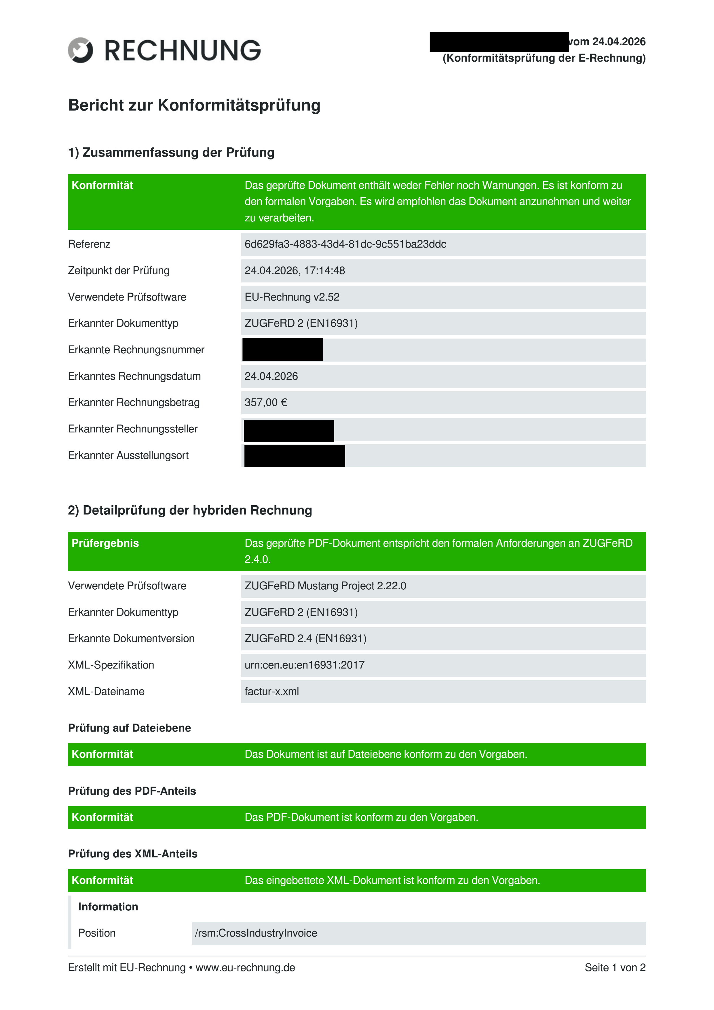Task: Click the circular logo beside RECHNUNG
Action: click(81, 50)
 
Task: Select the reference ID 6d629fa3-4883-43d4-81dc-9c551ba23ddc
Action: click(345, 244)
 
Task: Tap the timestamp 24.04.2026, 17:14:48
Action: click(295, 271)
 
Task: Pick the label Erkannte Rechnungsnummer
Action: click(136, 350)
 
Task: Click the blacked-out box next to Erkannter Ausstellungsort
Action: click(294, 456)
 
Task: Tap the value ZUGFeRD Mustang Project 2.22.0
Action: click(325, 586)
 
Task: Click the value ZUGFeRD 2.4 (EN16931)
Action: click(305, 639)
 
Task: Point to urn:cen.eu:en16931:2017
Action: click(304, 665)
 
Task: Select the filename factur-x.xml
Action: click(271, 692)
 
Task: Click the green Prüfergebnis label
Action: click(105, 543)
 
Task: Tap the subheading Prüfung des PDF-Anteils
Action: click(132, 791)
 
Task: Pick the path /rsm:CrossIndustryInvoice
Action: click(256, 933)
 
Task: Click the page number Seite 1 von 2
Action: click(615, 968)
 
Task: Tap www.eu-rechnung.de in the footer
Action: click(245, 968)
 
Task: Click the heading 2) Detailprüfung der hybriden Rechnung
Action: click(190, 510)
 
